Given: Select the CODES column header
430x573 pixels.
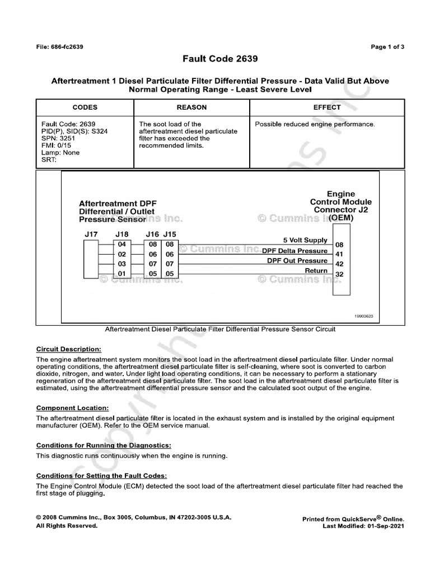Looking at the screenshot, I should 85,107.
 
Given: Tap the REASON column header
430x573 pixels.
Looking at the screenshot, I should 191,107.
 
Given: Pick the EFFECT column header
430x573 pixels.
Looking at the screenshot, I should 327,107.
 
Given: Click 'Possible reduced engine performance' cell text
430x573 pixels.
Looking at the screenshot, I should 315,124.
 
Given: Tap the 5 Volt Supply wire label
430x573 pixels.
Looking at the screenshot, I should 305,240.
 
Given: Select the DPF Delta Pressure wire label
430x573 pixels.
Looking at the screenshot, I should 295,251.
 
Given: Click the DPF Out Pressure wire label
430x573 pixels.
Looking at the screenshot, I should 297,261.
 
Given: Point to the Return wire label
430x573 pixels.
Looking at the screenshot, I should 316,271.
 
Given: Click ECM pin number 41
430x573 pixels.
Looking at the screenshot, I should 339,255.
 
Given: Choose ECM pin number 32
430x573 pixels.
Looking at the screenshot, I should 339,274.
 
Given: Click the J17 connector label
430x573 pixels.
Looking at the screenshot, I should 91,234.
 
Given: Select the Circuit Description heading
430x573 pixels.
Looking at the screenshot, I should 69,349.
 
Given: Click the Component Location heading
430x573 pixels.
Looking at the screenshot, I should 72,408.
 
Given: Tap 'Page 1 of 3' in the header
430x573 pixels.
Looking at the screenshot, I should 387,47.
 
